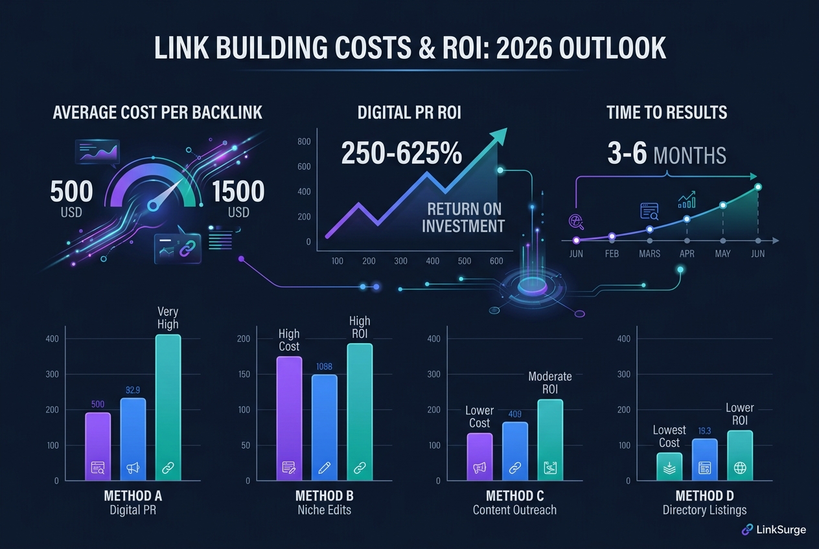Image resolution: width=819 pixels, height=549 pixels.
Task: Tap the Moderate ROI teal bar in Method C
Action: tap(550, 440)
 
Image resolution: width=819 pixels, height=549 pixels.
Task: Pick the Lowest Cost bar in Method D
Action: tap(669, 466)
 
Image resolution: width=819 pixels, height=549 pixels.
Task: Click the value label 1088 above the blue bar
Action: tap(324, 367)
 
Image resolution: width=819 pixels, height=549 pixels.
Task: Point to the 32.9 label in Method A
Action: tap(133, 390)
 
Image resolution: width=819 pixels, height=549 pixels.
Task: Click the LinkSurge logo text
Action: tap(781, 530)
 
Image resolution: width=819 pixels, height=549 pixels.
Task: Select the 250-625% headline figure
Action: tap(402, 154)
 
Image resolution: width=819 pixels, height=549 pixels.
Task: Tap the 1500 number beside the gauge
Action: tap(238, 192)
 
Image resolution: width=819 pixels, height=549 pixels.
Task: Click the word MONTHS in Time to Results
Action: tap(689, 155)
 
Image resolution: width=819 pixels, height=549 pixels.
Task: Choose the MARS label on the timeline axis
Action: tap(649, 254)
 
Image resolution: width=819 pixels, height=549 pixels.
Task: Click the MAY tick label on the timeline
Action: tap(722, 254)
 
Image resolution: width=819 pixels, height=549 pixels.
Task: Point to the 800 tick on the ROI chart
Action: tap(304, 142)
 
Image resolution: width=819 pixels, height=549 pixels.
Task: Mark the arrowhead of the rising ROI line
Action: tap(499, 134)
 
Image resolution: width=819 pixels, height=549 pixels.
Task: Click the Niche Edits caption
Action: tap(324, 510)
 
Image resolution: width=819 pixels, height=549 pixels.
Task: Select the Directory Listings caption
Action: tap(704, 510)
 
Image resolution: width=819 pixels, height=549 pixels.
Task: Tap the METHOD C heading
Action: tap(514, 496)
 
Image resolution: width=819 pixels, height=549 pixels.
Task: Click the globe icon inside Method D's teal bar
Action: tap(739, 467)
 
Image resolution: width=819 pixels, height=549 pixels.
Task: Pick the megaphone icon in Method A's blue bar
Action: tap(133, 467)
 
